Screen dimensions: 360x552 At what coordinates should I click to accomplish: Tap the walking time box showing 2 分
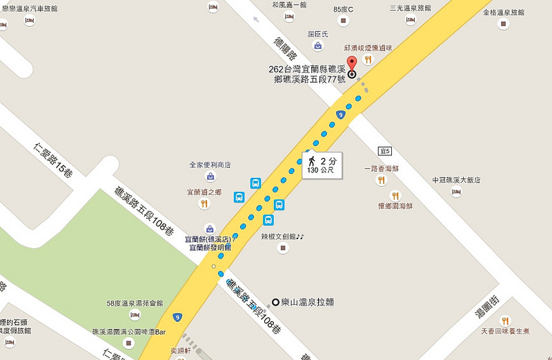[322, 165]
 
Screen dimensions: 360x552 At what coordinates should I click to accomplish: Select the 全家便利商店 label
[210, 166]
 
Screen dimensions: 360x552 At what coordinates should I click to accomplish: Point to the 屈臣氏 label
[319, 32]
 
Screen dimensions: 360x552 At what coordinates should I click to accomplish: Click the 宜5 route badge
[384, 150]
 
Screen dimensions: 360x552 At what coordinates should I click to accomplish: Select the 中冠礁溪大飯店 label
[455, 180]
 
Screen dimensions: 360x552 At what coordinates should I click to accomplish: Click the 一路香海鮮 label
[382, 168]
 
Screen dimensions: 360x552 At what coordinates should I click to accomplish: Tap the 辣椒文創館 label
[282, 236]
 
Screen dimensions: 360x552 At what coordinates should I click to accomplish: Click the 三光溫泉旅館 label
[410, 8]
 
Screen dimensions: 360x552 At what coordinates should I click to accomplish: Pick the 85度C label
[342, 10]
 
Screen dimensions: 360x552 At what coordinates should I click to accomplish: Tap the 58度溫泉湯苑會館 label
[135, 303]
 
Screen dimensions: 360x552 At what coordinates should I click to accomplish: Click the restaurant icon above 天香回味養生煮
[506, 321]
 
